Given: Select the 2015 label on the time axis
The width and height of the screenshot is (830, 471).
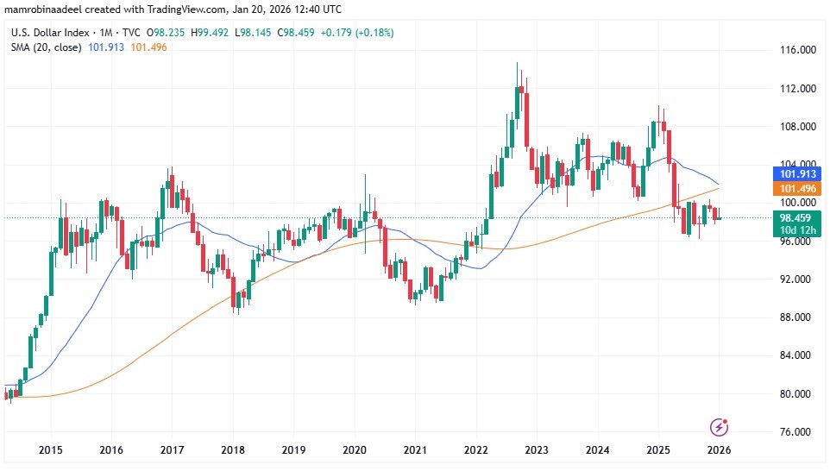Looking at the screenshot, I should click(x=51, y=449).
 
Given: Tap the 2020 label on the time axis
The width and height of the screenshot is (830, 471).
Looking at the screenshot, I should click(x=355, y=449).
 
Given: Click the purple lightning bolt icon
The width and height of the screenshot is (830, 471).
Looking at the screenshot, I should click(x=719, y=427).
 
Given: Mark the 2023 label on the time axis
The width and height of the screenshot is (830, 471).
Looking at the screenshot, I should click(x=537, y=449).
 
